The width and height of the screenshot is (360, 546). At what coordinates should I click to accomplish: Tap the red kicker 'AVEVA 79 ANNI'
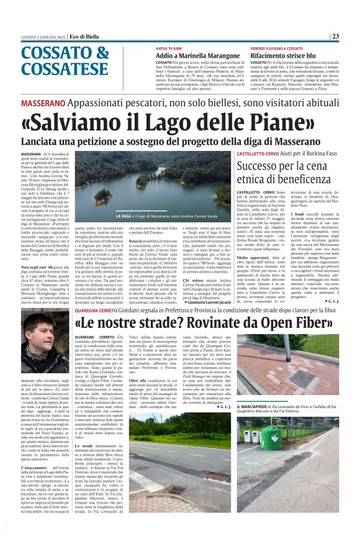coord(169,47)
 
